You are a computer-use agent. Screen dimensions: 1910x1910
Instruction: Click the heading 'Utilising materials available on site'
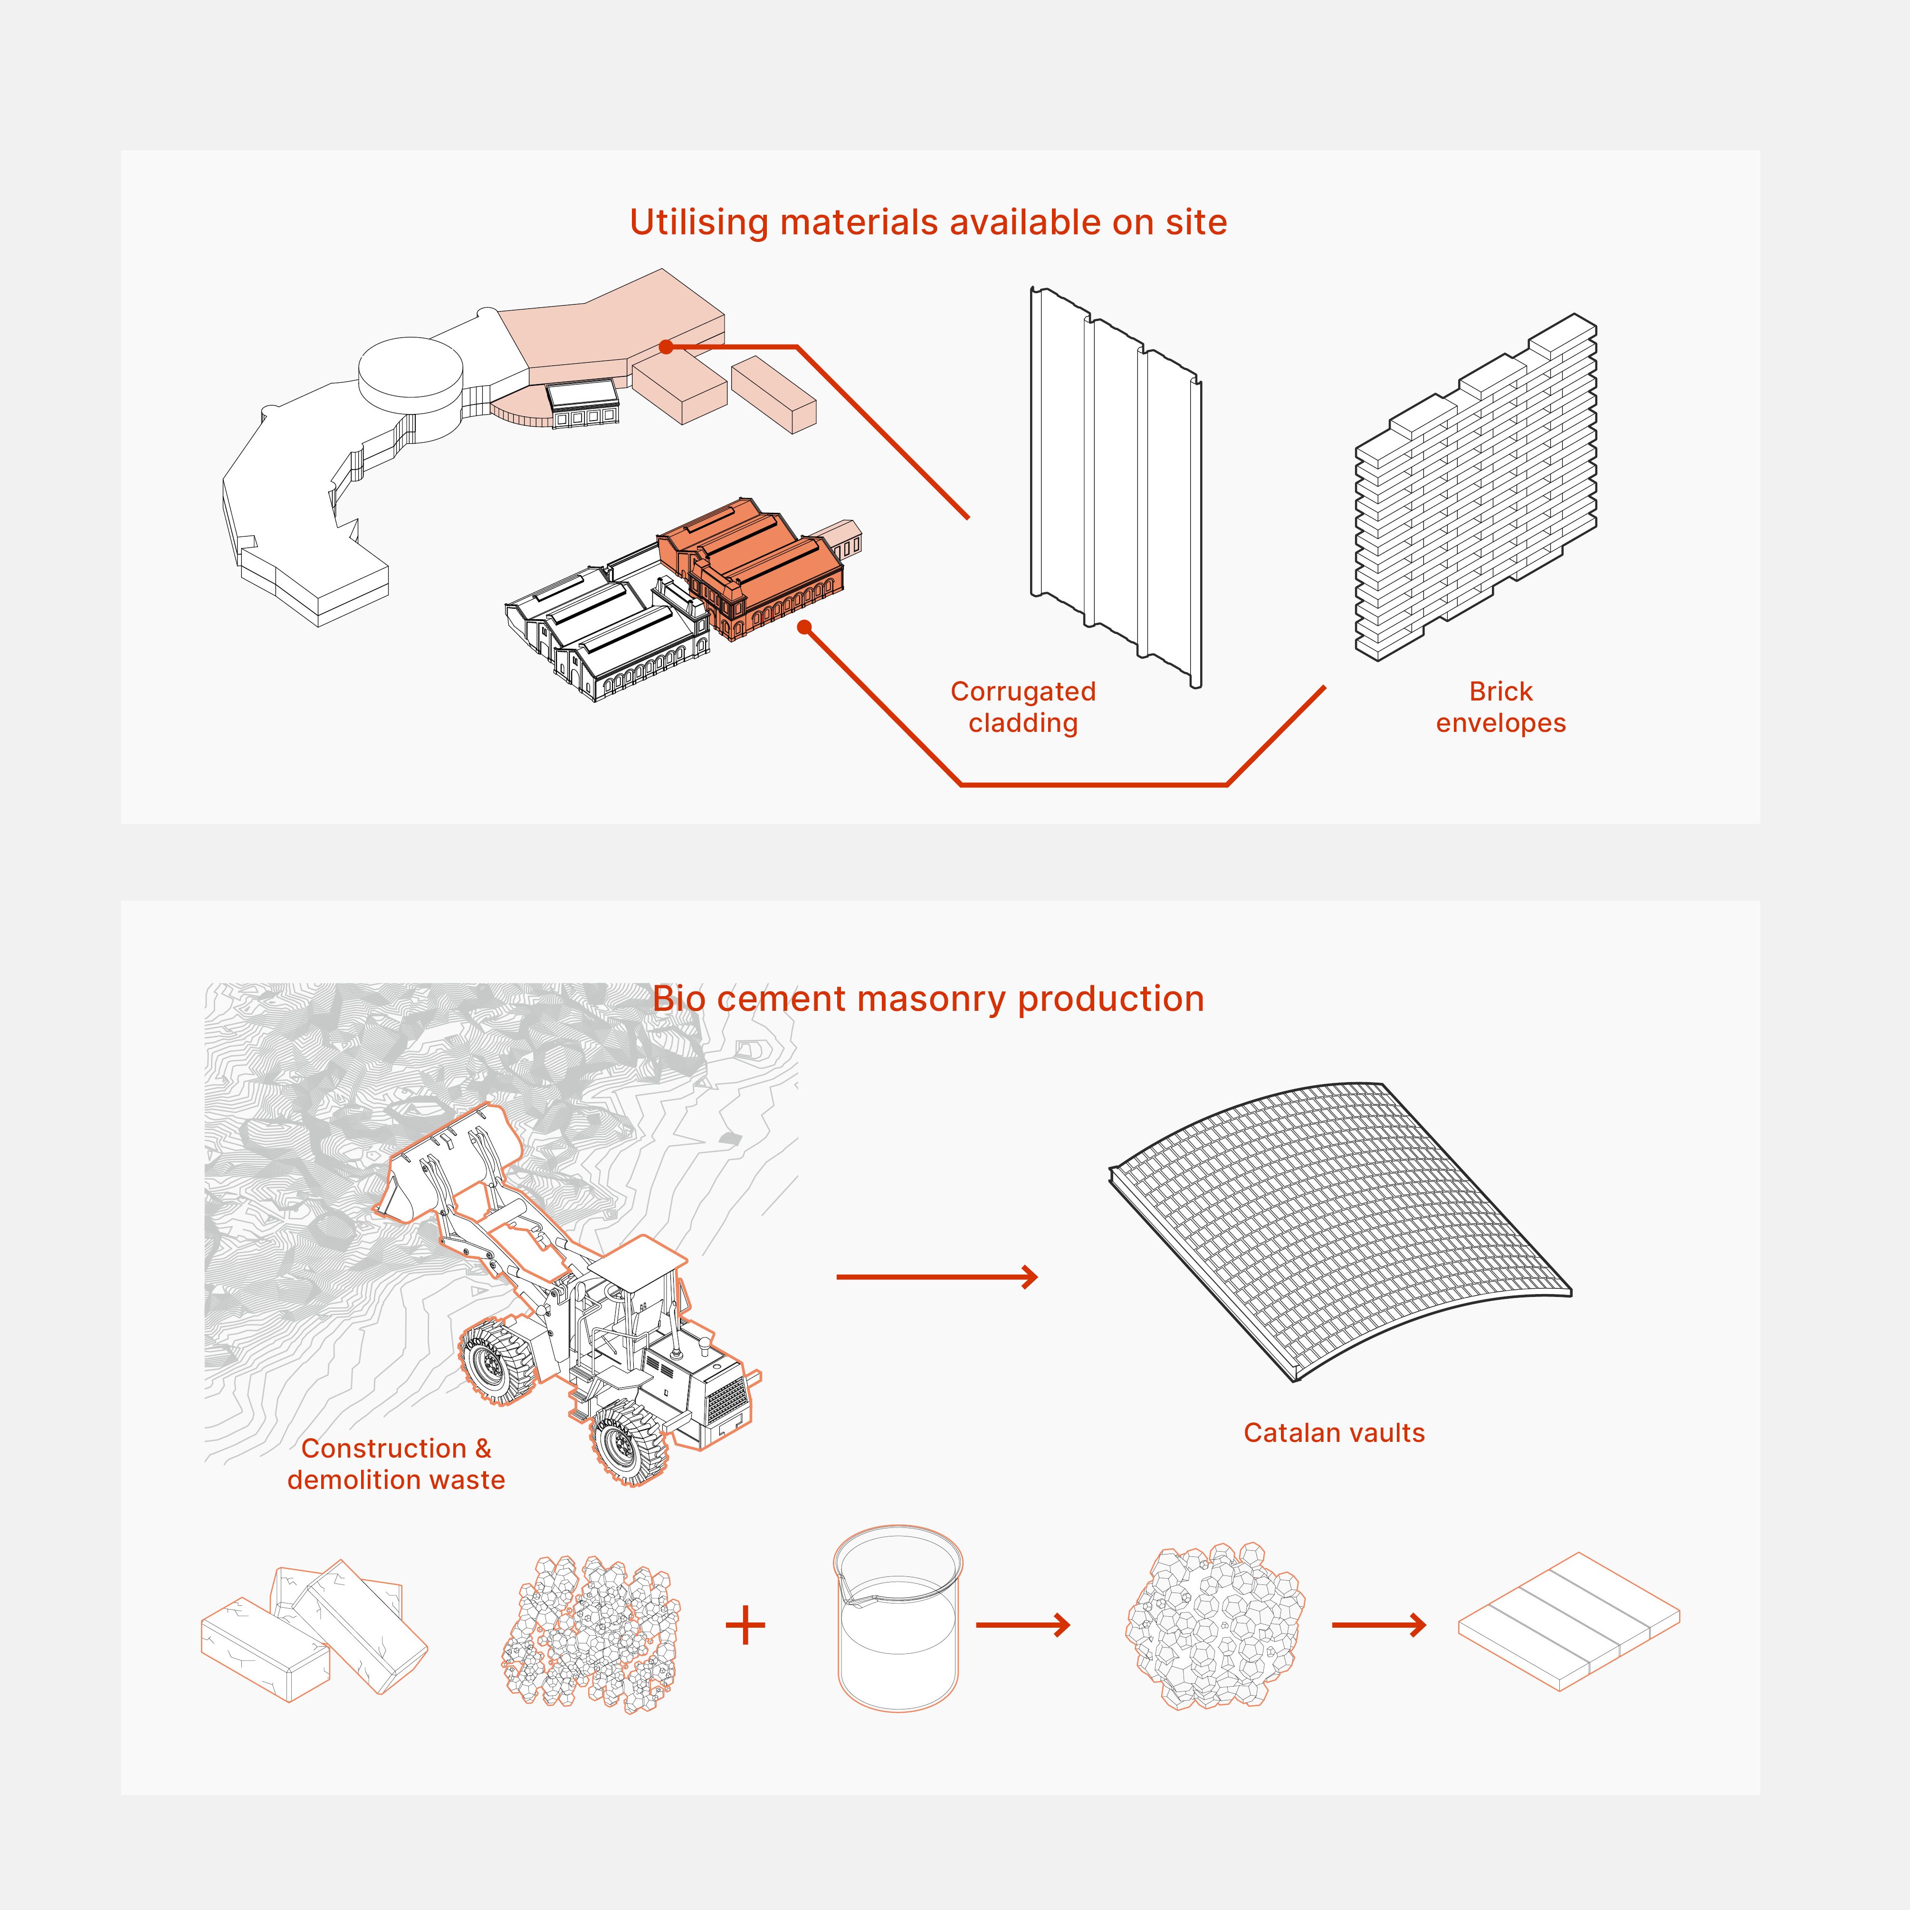[927, 222]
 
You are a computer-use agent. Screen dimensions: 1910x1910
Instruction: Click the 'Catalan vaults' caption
[1334, 1432]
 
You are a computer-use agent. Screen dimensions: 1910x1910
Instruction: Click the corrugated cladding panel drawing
[1115, 484]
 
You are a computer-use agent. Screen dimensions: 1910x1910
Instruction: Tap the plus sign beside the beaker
[745, 1625]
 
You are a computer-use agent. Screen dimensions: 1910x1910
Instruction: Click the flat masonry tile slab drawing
[1569, 1622]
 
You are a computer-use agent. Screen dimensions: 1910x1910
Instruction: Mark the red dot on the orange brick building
[805, 627]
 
